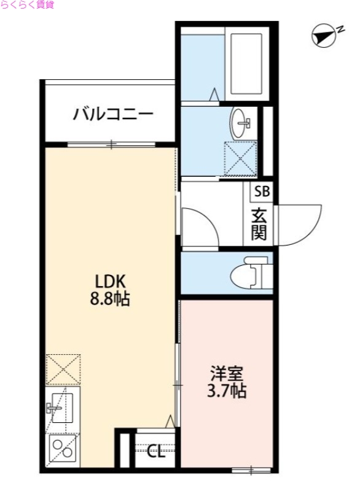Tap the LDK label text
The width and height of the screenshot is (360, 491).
111,282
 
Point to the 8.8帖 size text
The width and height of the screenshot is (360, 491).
111,301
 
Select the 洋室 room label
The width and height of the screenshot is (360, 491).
227,373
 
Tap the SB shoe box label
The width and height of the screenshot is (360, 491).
261,191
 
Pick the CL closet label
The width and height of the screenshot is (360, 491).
156,452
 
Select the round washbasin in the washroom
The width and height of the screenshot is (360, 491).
241,125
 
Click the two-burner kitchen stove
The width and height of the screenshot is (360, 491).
61,449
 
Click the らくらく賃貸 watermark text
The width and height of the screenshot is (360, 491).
28,5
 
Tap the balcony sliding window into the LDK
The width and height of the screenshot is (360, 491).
111,145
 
